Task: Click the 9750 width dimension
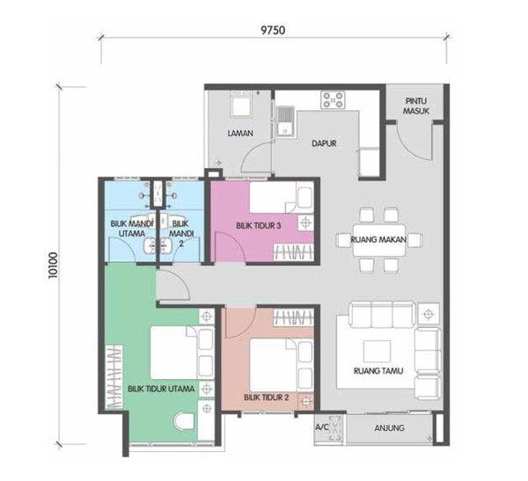tap(273, 30)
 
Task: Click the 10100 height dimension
tap(53, 266)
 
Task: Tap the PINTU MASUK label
tap(416, 106)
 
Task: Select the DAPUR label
tap(324, 143)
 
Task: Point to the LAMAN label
tap(240, 134)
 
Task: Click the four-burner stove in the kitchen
tap(333, 100)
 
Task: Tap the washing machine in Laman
tap(241, 104)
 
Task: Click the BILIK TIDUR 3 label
tap(258, 225)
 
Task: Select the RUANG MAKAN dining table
tap(378, 240)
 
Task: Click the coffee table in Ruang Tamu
tap(377, 351)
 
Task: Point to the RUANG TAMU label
tap(378, 371)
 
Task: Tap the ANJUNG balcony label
tap(389, 428)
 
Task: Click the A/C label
tap(321, 427)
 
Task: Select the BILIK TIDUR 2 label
tap(267, 397)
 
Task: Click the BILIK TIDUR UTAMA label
tap(161, 389)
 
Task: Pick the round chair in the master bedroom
tap(184, 421)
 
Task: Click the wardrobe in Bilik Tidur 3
tap(293, 251)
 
